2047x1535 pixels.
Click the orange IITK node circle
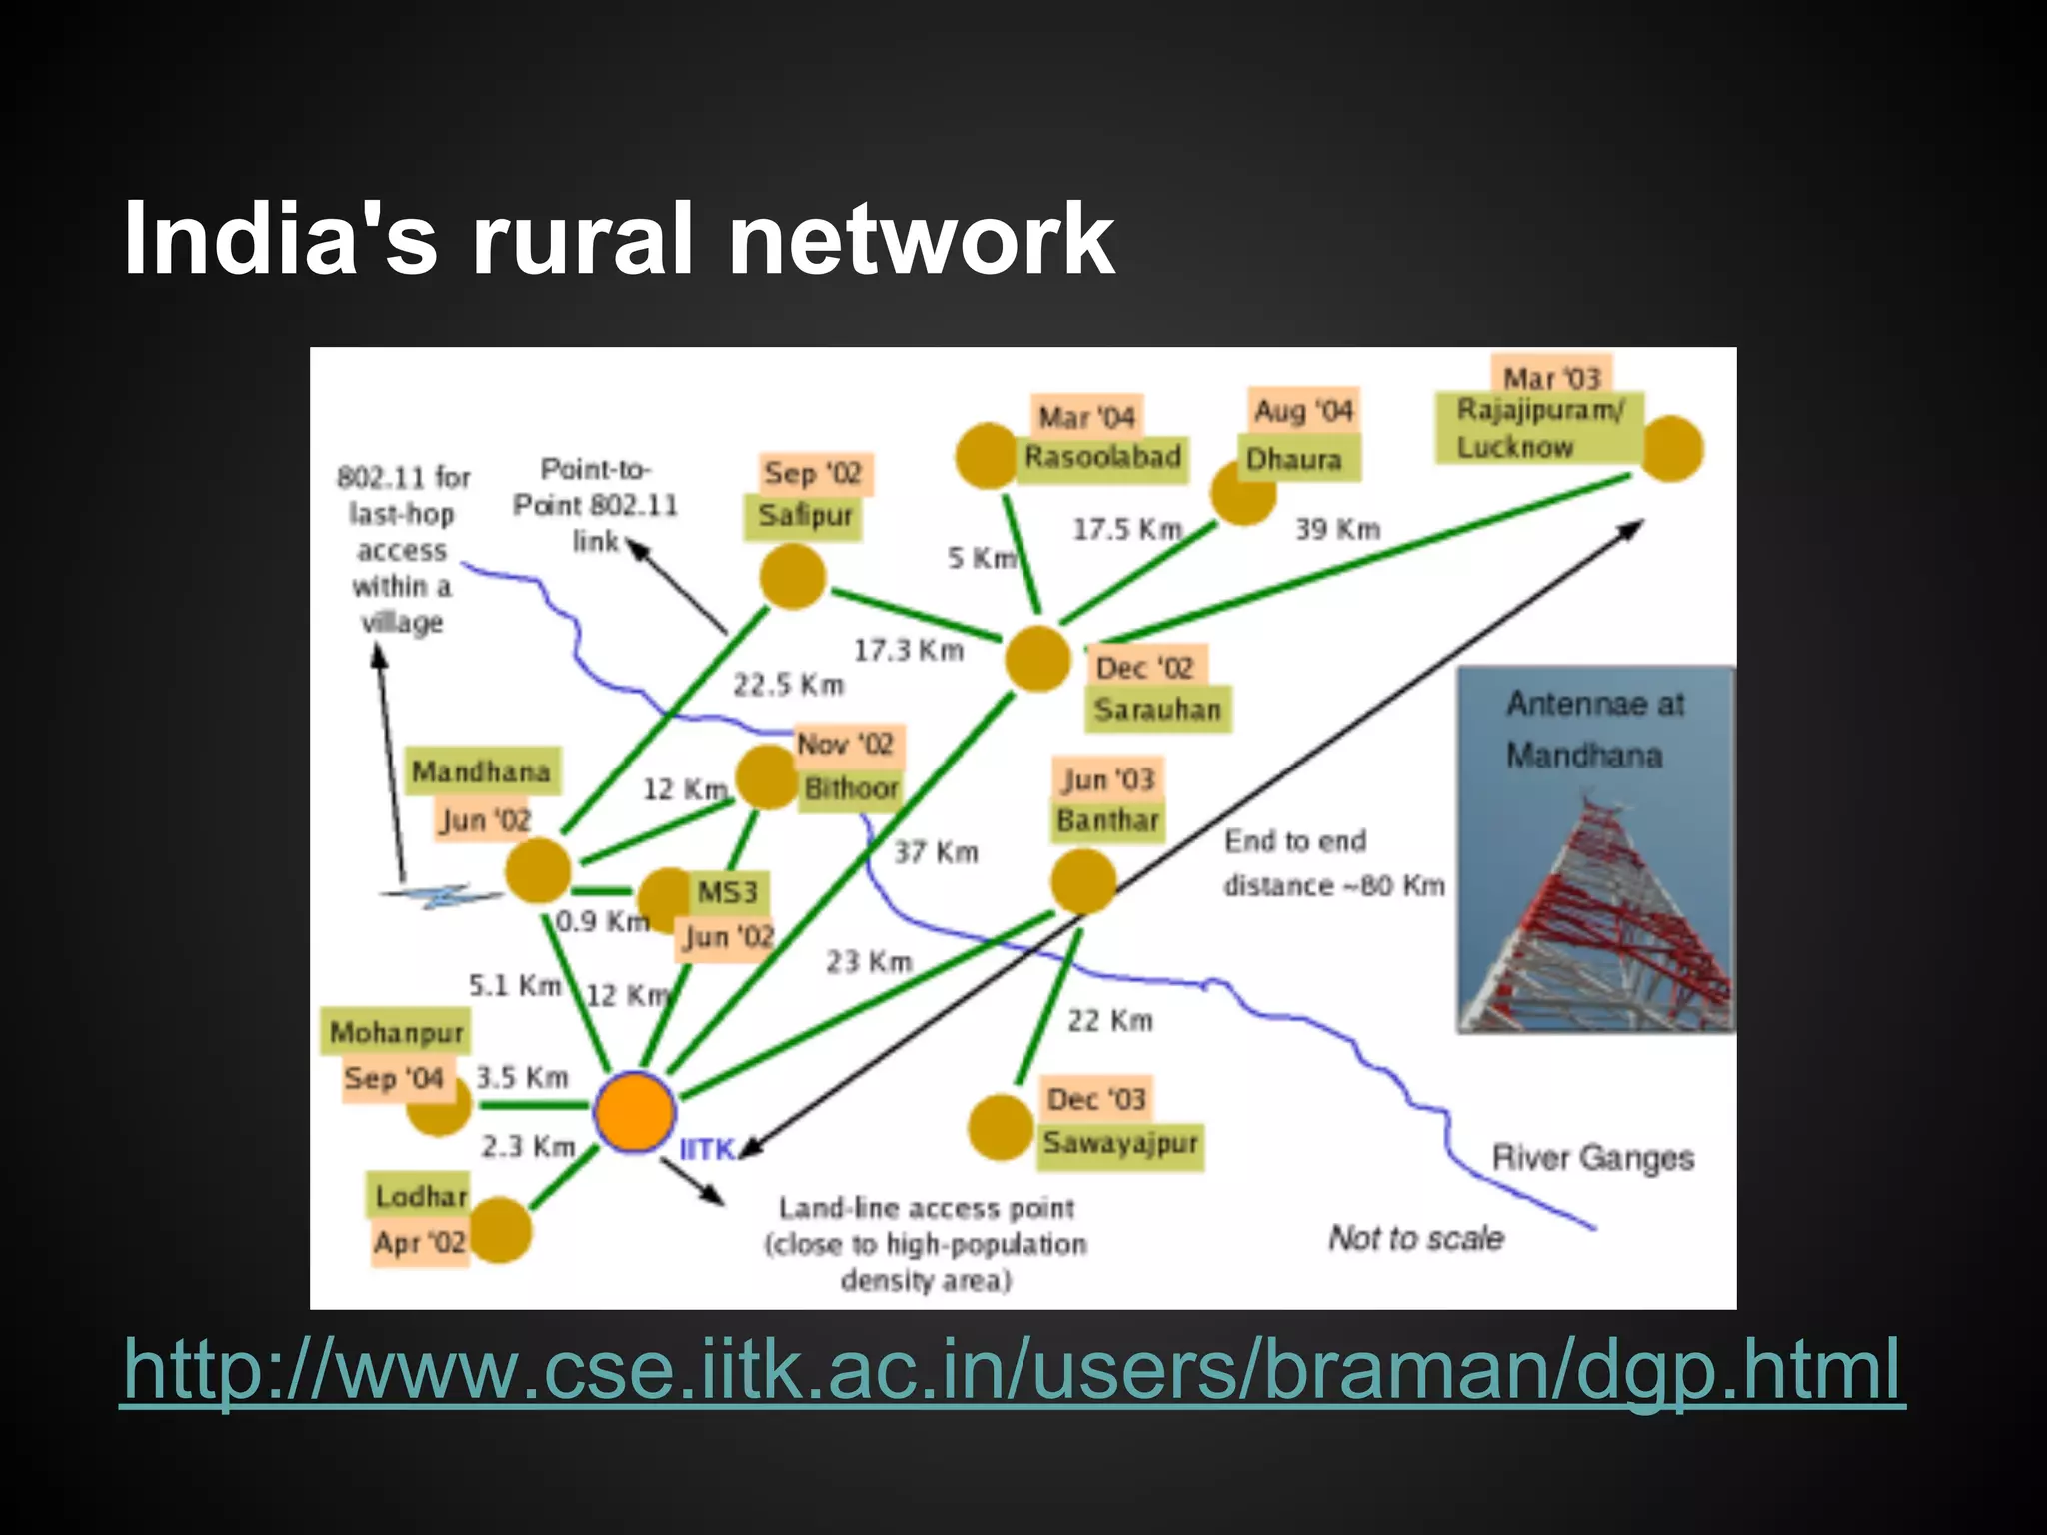coord(634,1112)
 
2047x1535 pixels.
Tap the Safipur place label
coord(804,517)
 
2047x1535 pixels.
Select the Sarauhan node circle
coord(1037,659)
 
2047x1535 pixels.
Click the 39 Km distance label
coord(1337,529)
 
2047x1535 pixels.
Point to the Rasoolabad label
coord(1102,458)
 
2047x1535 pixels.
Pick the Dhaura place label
coord(1295,460)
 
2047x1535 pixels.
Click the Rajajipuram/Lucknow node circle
coord(1671,449)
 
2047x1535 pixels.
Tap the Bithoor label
coord(851,789)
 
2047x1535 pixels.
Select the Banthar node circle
coord(1082,881)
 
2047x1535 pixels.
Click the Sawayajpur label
coord(1120,1143)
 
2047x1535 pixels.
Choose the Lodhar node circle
coord(500,1230)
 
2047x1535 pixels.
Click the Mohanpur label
coord(397,1033)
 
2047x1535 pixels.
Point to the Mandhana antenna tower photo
coord(1595,849)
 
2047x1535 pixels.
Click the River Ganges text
coord(1592,1158)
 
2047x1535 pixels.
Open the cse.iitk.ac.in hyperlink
coord(1012,1371)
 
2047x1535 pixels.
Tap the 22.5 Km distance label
coord(789,686)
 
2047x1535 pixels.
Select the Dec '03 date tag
coord(1096,1100)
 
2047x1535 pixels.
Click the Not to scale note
coord(1416,1238)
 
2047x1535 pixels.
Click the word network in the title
coord(921,239)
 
